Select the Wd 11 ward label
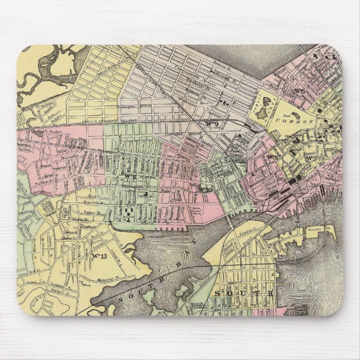click(130, 177)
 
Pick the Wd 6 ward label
click(300, 88)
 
